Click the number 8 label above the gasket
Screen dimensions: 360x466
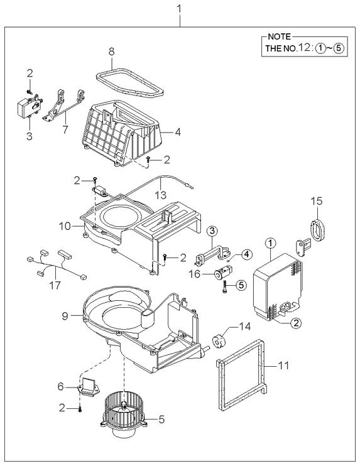pyautogui.click(x=111, y=51)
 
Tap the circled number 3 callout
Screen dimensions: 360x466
pyautogui.click(x=212, y=232)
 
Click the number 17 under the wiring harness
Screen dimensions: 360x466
pyautogui.click(x=55, y=285)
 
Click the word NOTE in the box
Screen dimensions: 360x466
pyautogui.click(x=279, y=37)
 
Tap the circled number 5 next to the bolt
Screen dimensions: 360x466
pyautogui.click(x=241, y=285)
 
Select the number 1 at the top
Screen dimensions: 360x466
pyautogui.click(x=179, y=9)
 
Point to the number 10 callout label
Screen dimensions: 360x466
pyautogui.click(x=65, y=226)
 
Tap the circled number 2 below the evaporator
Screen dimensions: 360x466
pyautogui.click(x=296, y=322)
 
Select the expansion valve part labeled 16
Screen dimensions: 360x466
pyautogui.click(x=223, y=273)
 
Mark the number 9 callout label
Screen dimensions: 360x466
pyautogui.click(x=65, y=316)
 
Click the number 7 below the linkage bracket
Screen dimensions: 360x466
pyautogui.click(x=65, y=129)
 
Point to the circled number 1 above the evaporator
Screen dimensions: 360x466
pyautogui.click(x=271, y=244)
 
